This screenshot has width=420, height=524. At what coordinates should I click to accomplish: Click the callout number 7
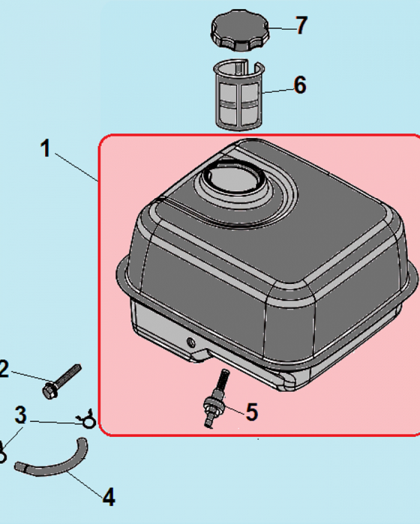click(x=302, y=25)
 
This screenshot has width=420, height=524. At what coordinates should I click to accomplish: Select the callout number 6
click(x=300, y=85)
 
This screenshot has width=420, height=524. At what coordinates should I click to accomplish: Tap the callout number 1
click(x=46, y=148)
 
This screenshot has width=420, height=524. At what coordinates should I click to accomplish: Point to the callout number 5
click(x=252, y=412)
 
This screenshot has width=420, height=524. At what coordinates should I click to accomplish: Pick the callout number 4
click(x=109, y=497)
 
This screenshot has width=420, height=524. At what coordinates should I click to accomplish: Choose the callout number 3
click(x=20, y=416)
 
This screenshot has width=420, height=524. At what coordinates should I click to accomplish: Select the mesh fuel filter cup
click(x=239, y=95)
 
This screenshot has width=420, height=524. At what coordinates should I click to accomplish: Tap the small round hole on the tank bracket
click(x=191, y=343)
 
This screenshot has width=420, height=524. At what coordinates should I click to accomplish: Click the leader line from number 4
click(x=86, y=484)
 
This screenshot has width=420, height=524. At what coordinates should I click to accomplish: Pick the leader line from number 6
click(x=278, y=91)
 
